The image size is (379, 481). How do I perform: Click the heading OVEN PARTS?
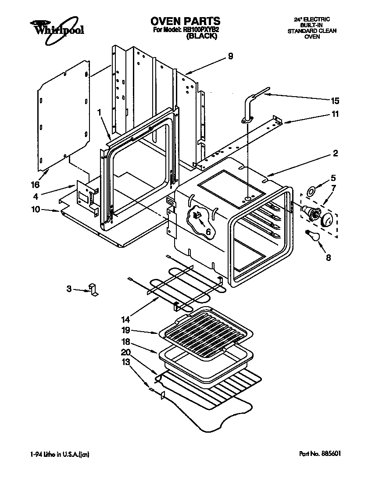(185, 21)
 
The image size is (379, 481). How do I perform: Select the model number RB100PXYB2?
(201, 30)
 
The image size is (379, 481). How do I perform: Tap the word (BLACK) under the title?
(202, 37)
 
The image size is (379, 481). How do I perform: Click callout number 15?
(335, 101)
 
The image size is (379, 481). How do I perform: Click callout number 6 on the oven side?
(207, 231)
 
